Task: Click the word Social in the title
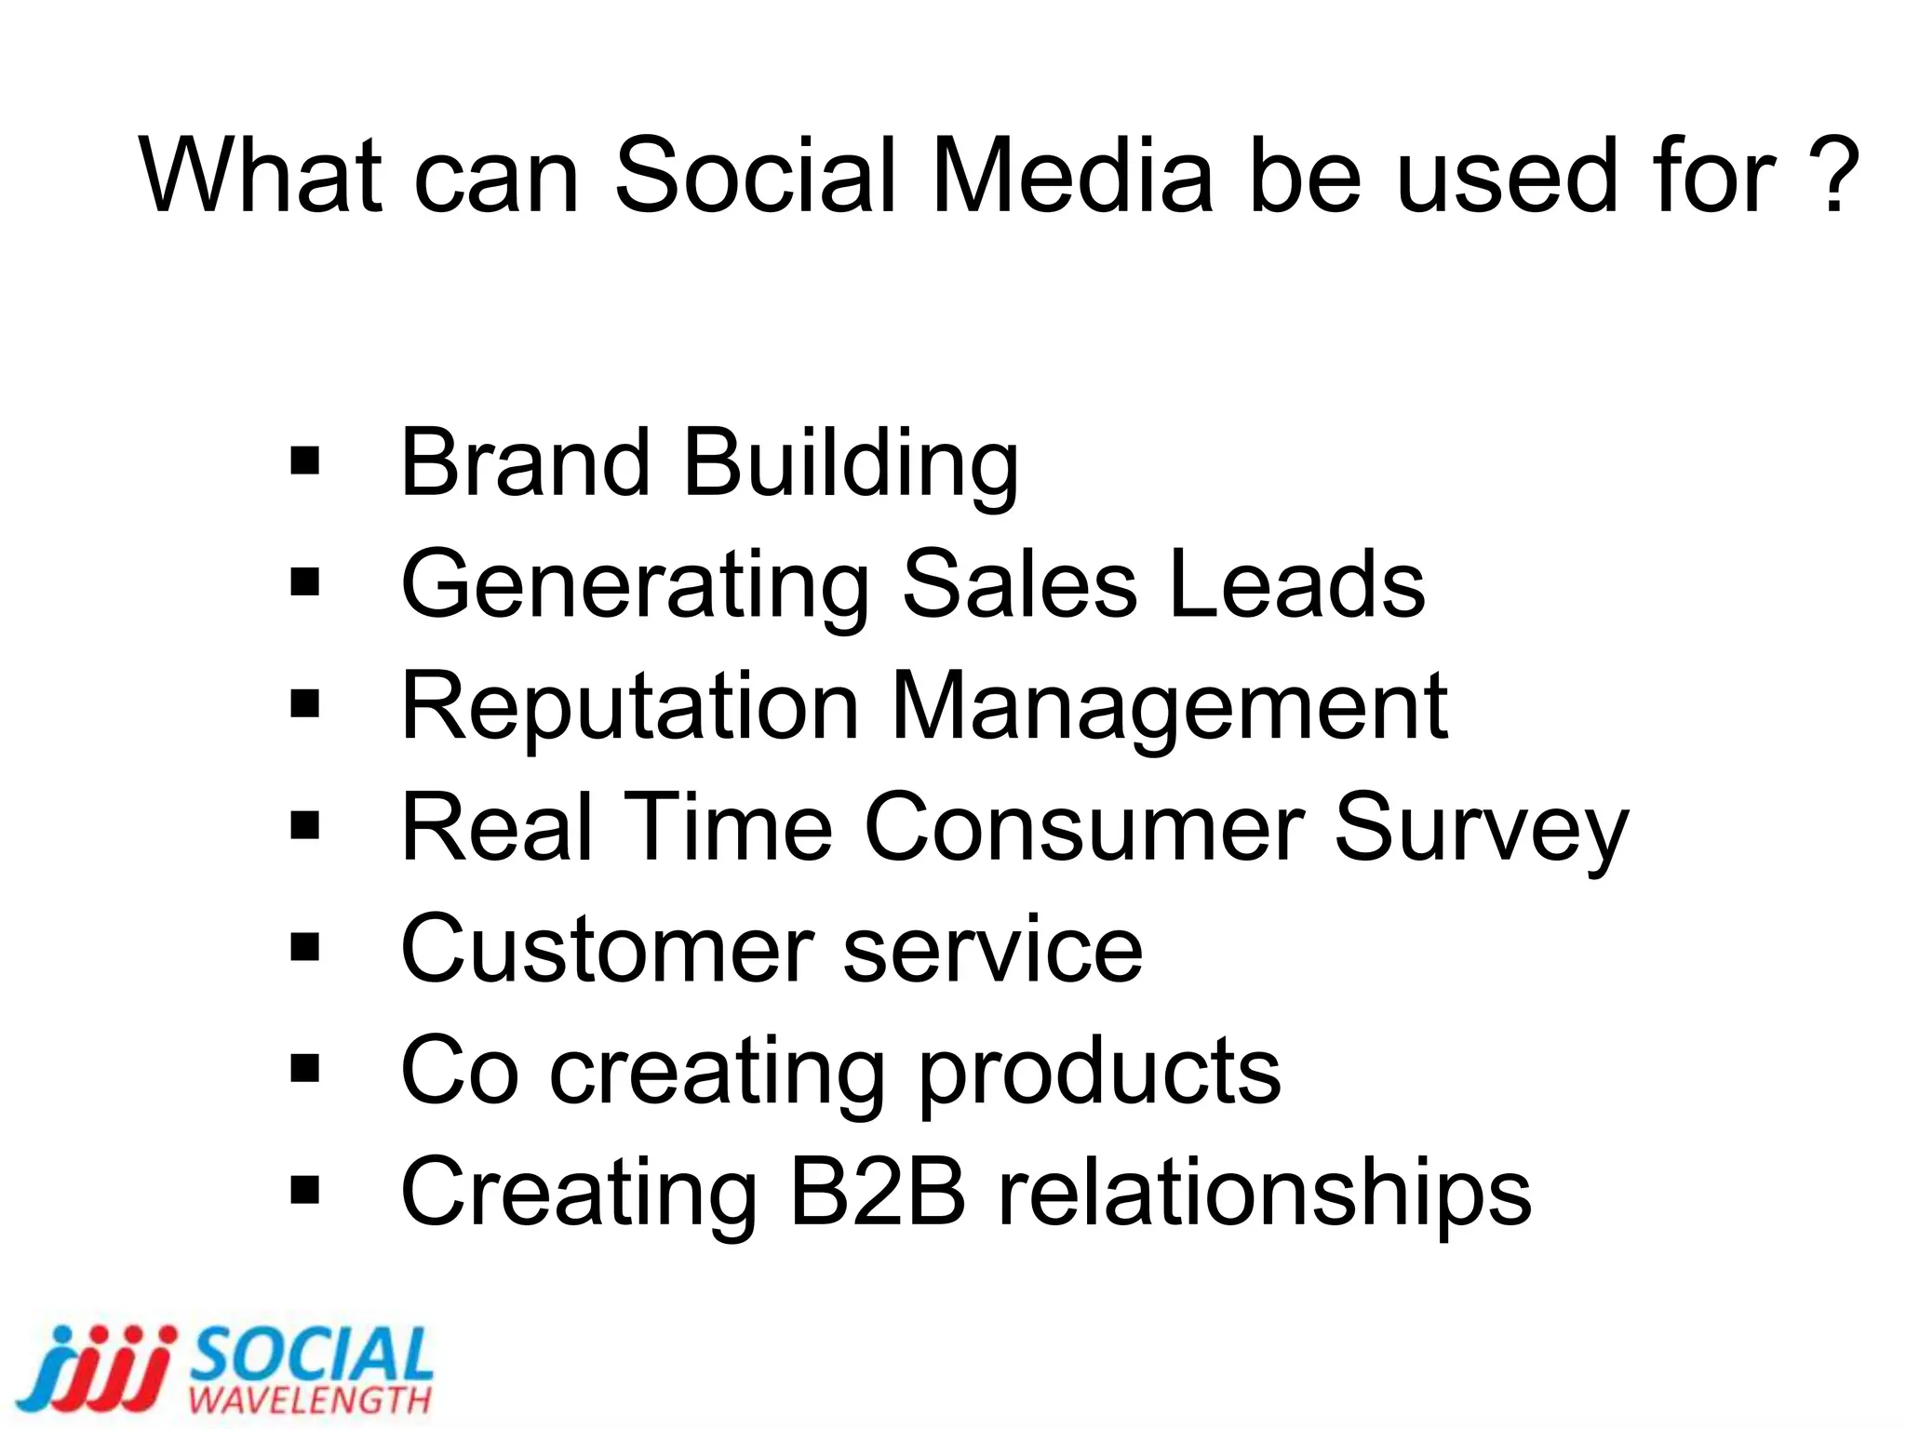click(x=755, y=176)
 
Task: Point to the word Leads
click(x=1296, y=584)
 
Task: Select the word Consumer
click(x=1084, y=827)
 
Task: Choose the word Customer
click(x=605, y=949)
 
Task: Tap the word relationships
click(x=1265, y=1194)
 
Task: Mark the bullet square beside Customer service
click(x=304, y=948)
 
